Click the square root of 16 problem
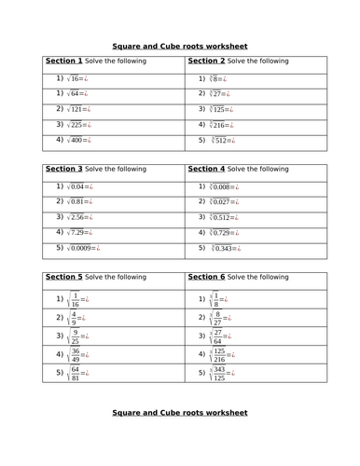73,78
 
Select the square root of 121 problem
76,109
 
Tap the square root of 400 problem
76,140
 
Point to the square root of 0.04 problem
76,186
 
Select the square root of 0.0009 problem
81,248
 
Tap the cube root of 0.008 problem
220,186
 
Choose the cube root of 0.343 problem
220,249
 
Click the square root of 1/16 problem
72,299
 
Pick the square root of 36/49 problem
72,354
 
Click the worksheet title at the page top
179,45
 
